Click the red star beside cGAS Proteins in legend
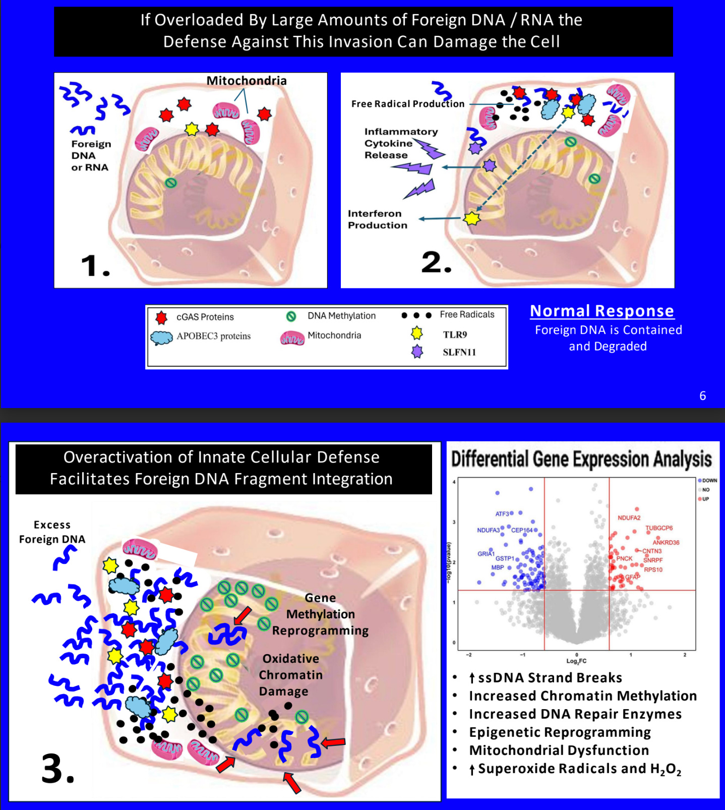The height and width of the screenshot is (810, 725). [x=161, y=317]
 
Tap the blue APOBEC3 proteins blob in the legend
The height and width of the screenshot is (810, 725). [x=161, y=337]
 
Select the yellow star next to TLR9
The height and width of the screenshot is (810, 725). [x=417, y=333]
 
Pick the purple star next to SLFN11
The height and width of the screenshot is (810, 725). [x=417, y=352]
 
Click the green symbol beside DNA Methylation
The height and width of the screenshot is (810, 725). [x=291, y=316]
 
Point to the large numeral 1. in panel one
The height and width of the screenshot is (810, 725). [x=95, y=266]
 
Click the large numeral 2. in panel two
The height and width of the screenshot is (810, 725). [x=436, y=262]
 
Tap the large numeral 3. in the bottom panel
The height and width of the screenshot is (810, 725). [x=57, y=769]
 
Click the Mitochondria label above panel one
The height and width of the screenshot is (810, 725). [x=247, y=81]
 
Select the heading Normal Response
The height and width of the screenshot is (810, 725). [x=602, y=311]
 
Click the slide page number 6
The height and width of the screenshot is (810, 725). [x=702, y=396]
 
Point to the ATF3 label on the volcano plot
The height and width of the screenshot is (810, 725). [x=502, y=514]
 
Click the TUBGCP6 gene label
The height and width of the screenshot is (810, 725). [x=659, y=528]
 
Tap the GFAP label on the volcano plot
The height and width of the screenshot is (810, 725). [x=633, y=576]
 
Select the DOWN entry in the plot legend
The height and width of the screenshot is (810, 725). [x=709, y=481]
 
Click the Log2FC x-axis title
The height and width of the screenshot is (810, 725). [x=576, y=661]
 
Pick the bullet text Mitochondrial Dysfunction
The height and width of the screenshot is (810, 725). [x=559, y=750]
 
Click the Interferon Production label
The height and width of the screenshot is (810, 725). [x=377, y=219]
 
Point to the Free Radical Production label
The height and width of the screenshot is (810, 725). [x=408, y=104]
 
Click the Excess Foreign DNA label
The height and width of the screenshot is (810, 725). [x=52, y=532]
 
